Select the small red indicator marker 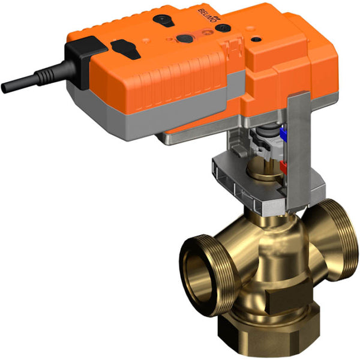coord(281,164)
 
